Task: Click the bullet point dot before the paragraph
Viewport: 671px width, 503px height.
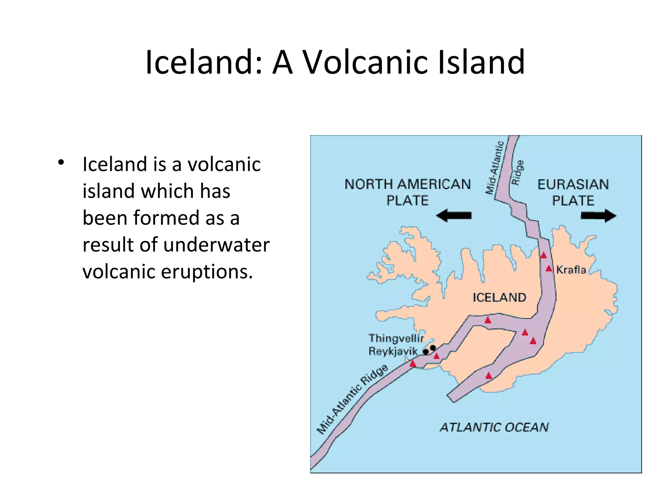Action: [x=61, y=162]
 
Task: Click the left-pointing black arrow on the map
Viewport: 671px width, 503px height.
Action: [x=454, y=216]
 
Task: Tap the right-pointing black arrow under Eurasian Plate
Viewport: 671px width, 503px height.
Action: [x=598, y=216]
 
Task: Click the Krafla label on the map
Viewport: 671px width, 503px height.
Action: [x=571, y=270]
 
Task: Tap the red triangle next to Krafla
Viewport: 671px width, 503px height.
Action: [x=549, y=269]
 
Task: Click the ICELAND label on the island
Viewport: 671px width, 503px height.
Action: [x=499, y=297]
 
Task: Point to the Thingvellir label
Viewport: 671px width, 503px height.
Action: [x=396, y=338]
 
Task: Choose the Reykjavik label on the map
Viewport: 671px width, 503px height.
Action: [x=393, y=351]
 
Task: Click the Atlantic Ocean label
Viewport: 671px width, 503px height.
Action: [x=494, y=427]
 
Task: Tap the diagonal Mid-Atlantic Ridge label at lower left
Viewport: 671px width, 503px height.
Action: [x=352, y=400]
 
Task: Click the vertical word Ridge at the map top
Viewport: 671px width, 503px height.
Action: [x=517, y=173]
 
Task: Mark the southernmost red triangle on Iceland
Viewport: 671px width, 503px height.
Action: [x=489, y=376]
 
